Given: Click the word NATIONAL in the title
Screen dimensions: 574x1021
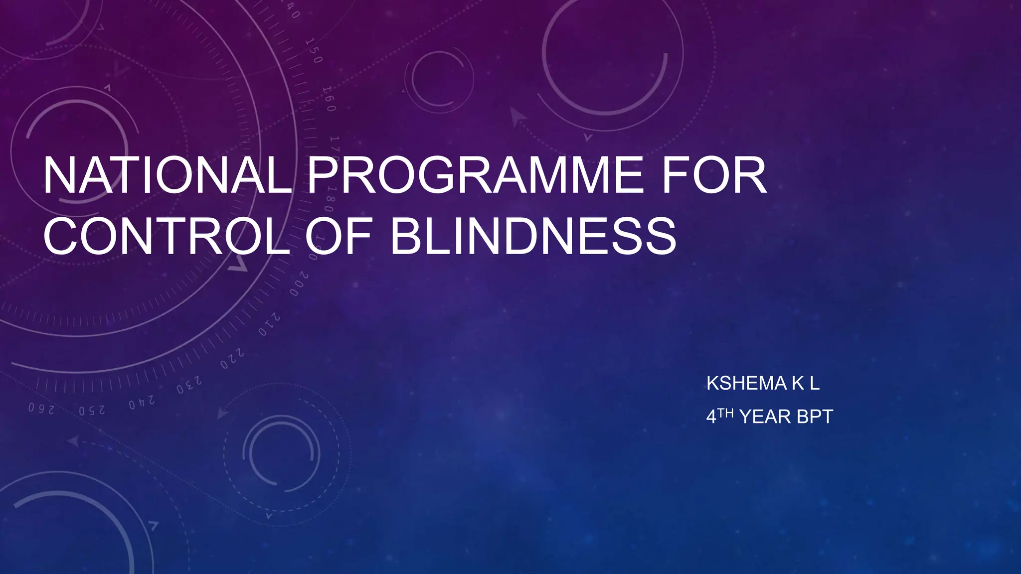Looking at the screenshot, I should coord(167,175).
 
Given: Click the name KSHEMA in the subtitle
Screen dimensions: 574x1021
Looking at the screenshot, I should coord(746,383).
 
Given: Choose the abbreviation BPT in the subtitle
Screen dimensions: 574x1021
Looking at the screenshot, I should coord(815,417).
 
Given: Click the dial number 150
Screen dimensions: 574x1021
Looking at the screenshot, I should coord(314,50).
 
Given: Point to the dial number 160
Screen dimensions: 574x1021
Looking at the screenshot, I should coord(329,98).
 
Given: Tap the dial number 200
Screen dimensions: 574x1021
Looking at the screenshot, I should coord(299,284).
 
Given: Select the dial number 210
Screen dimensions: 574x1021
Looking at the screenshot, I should coord(269,324).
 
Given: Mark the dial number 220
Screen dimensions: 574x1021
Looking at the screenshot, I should coord(232,359).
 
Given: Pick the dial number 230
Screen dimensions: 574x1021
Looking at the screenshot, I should coord(189,385).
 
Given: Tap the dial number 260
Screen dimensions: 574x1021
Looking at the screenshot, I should coord(41,409).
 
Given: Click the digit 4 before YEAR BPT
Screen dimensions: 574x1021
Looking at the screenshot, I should coord(711,417).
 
